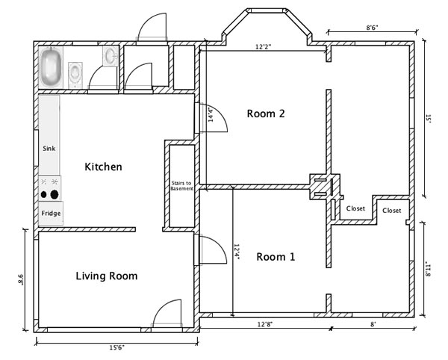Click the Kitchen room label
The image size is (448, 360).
tap(103, 167)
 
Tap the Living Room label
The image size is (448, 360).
tap(107, 276)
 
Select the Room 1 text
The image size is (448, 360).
tap(276, 257)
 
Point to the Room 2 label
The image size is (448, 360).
tap(266, 114)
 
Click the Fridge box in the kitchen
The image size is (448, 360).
tap(51, 213)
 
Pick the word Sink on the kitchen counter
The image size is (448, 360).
tap(49, 149)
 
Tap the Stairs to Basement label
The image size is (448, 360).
tap(181, 186)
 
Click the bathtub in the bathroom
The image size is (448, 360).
tap(52, 66)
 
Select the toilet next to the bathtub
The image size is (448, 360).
tap(76, 72)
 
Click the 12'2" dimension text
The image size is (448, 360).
tap(263, 46)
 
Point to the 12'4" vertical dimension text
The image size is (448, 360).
tap(237, 252)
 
